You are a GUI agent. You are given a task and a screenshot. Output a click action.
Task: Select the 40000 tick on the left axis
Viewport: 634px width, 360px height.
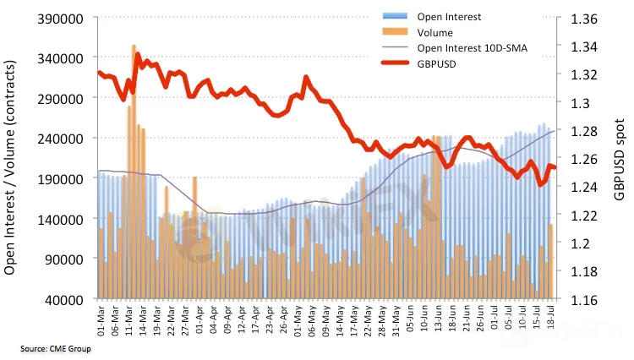[x=63, y=299]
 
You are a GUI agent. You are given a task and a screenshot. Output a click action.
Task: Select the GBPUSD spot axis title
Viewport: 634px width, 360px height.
[x=620, y=158]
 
